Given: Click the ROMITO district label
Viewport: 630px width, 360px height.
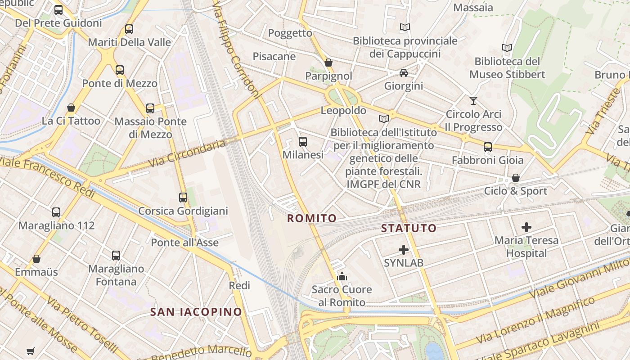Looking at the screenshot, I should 312,219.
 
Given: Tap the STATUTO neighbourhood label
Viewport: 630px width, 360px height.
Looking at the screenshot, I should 409,228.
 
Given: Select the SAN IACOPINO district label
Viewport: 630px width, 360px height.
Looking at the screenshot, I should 196,312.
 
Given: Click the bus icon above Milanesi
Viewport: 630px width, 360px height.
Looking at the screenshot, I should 303,142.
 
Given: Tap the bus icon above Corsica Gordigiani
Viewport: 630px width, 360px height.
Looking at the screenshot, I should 183,198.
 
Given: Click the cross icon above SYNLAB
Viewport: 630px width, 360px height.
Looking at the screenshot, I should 404,249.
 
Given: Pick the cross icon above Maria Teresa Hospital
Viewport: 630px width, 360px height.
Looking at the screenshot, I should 526,227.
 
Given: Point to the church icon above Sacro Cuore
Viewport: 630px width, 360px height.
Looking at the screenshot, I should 342,276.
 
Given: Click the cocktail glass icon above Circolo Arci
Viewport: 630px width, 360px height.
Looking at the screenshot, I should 473,100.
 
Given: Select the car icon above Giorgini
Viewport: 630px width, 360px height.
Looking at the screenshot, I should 404,72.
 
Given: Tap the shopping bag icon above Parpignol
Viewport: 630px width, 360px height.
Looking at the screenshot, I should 328,63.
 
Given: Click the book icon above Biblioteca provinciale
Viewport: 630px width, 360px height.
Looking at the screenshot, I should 405,27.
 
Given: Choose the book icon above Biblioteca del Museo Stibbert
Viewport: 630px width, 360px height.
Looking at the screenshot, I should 507,48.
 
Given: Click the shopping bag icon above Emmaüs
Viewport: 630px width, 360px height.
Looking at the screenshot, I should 36,259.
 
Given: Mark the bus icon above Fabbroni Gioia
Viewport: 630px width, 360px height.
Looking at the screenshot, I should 488,147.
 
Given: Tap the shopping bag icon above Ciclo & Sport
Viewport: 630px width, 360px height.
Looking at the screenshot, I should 516,178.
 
